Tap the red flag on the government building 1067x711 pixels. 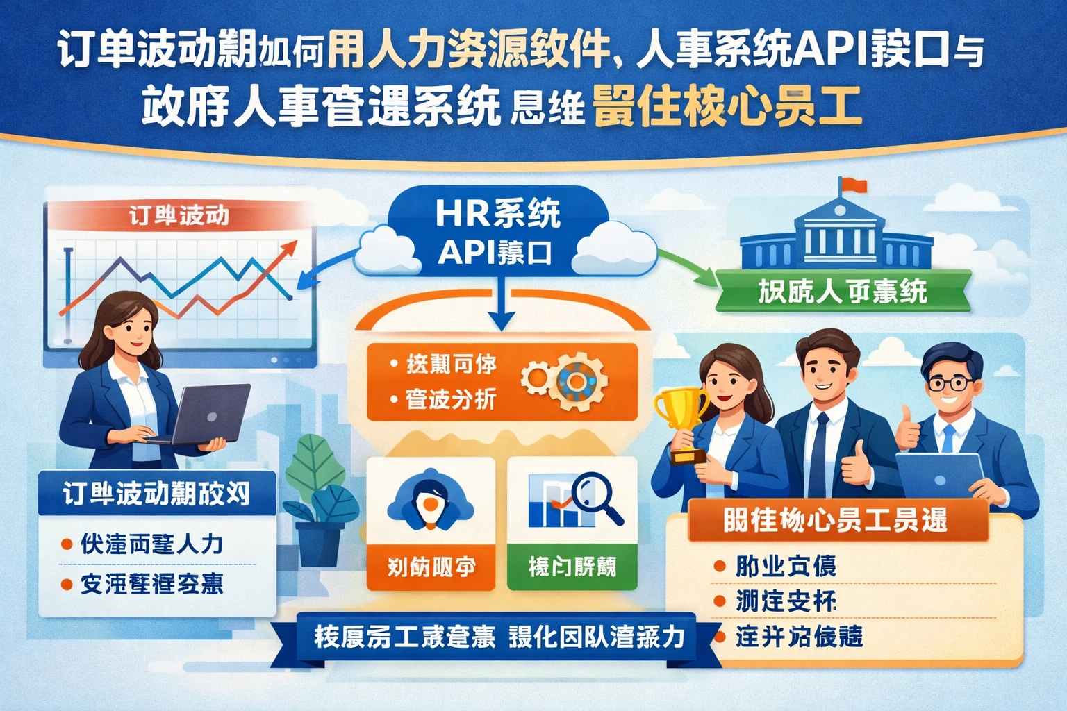[855, 185]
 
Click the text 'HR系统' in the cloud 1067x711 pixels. [497, 213]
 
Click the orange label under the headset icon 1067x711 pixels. [431, 567]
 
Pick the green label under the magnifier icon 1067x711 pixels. [572, 567]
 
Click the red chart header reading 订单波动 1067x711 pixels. [179, 215]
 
